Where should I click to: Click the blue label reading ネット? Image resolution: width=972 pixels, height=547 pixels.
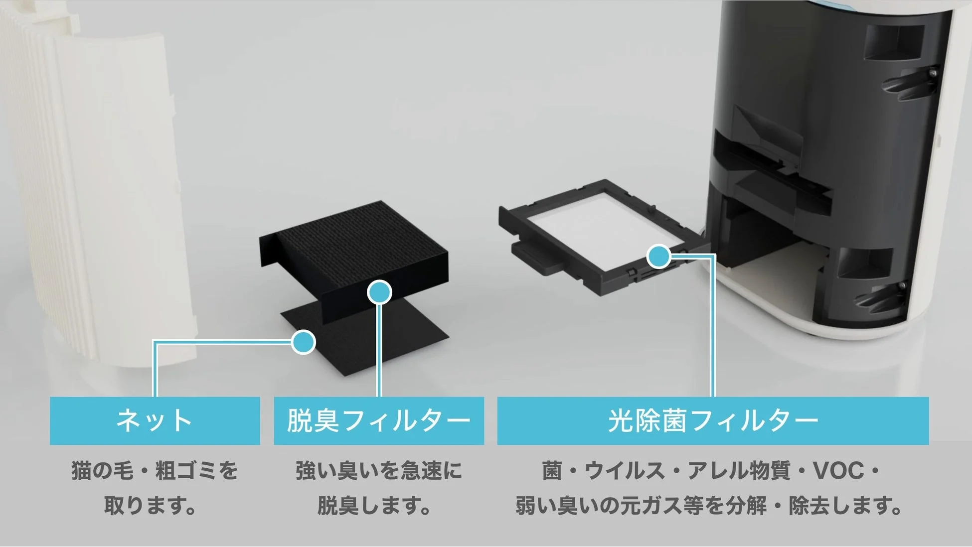pyautogui.click(x=155, y=420)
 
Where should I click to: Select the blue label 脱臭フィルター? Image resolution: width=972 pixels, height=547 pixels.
pyautogui.click(x=379, y=420)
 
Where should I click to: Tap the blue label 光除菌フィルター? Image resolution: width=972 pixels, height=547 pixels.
pyautogui.click(x=713, y=420)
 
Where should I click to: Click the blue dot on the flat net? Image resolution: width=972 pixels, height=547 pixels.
pyautogui.click(x=303, y=342)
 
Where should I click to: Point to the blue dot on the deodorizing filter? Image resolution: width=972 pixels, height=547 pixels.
pyautogui.click(x=379, y=292)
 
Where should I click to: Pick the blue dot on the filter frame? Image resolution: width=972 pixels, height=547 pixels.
pyautogui.click(x=658, y=256)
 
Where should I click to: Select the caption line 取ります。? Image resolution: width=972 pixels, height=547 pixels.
pyautogui.click(x=150, y=506)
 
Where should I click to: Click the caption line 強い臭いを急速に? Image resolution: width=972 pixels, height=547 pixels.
pyautogui.click(x=379, y=471)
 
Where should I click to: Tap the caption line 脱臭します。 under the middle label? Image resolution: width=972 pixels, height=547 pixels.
pyautogui.click(x=374, y=506)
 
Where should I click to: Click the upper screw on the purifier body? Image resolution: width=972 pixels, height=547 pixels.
pyautogui.click(x=933, y=73)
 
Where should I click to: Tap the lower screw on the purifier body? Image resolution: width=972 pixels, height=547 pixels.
pyautogui.click(x=902, y=285)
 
